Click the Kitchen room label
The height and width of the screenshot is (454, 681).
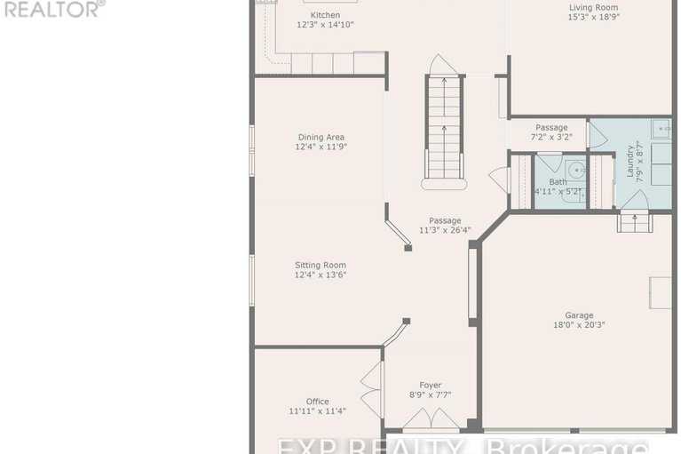click(x=325, y=15)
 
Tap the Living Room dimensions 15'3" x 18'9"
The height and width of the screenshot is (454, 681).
click(x=593, y=18)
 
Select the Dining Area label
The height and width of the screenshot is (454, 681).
click(x=321, y=138)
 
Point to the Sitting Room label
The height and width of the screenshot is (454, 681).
click(x=321, y=265)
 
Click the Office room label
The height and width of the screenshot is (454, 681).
click(x=318, y=402)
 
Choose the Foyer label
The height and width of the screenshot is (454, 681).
click(x=431, y=386)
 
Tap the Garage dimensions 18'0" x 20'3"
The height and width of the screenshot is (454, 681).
click(x=580, y=325)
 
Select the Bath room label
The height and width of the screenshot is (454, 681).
click(x=558, y=181)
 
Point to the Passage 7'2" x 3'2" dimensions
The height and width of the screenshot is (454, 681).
click(x=551, y=137)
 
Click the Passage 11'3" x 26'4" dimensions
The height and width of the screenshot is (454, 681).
click(x=445, y=230)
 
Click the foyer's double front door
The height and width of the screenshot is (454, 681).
click(x=431, y=418)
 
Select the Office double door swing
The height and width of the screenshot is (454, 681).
click(x=370, y=391)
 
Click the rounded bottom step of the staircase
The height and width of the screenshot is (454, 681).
click(x=444, y=184)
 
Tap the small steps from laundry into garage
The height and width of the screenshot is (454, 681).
click(x=635, y=221)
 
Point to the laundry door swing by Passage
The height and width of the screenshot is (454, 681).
click(x=598, y=136)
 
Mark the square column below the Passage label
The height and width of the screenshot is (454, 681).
click(x=408, y=248)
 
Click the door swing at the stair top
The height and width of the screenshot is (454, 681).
click(x=443, y=64)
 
